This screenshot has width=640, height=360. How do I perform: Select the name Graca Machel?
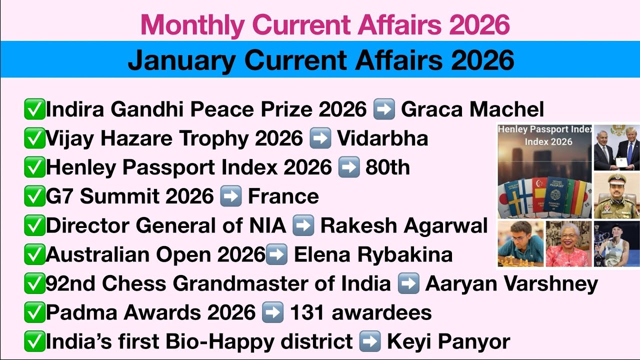(472, 109)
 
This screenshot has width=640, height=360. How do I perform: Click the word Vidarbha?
(382, 138)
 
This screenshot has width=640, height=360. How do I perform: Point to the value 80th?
(387, 167)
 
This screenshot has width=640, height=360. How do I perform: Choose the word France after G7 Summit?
(283, 196)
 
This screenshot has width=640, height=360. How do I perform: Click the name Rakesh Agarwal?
(403, 225)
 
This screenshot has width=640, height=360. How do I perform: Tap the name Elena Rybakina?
(373, 254)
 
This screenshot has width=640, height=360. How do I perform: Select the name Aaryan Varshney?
(511, 283)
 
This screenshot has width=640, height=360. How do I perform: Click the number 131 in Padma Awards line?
(307, 312)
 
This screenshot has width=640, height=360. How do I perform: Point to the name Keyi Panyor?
(448, 341)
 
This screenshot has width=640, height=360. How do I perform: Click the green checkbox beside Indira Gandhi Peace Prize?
(34, 109)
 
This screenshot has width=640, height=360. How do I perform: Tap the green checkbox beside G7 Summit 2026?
(34, 196)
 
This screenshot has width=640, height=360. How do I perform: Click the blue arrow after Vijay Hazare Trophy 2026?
(320, 138)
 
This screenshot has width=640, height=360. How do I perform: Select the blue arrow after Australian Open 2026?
(276, 254)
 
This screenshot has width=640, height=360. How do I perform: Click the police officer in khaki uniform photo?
(616, 195)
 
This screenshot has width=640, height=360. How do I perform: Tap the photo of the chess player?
(520, 244)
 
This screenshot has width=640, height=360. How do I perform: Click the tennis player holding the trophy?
(616, 244)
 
